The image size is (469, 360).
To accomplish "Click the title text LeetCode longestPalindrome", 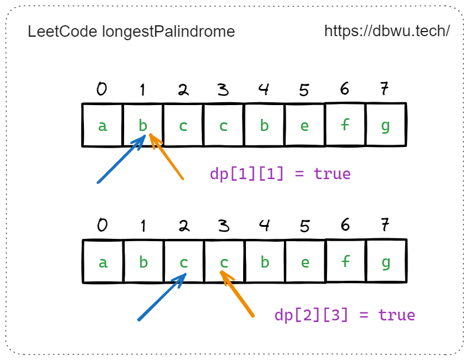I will pos(131,32).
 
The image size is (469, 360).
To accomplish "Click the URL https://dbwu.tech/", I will pos(387,31).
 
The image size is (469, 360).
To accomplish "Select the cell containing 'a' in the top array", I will pos(102,125).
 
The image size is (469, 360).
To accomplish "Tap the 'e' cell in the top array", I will pos(305,125).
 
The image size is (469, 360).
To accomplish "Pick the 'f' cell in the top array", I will pos(345,125).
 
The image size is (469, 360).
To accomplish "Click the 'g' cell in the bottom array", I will pos(386,262).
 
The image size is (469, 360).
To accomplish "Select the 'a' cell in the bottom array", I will pos(103,262).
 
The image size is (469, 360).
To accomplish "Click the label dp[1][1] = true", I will pos(280,173).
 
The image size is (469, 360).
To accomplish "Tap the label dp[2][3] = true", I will pos(344,315).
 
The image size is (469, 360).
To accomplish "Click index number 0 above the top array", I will pos(102,89).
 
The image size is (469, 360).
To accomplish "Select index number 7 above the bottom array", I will pos(385,226).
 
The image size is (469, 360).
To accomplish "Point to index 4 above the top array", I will pos(264,89).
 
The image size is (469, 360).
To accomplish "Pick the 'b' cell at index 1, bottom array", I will pos(143,262).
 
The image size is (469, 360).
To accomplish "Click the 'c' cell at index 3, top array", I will pos(224,125).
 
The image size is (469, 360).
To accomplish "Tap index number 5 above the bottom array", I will pos(304,226).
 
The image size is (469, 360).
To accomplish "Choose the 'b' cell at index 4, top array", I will pos(264,125).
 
